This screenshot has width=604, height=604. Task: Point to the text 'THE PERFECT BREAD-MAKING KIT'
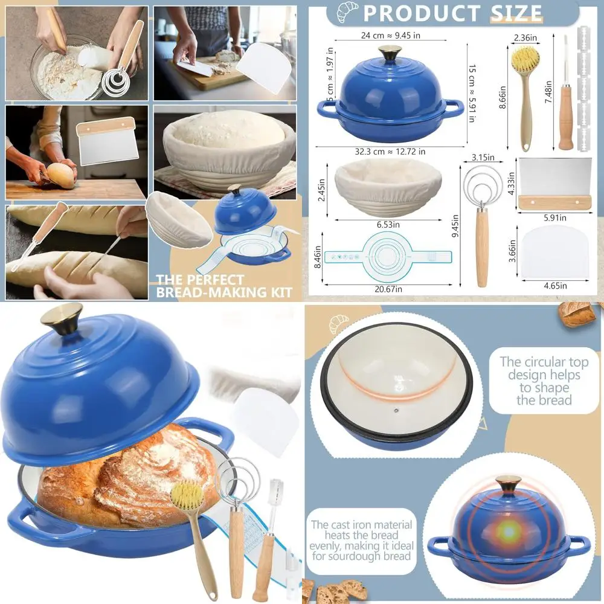224,286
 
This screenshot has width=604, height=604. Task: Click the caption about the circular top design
540,381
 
